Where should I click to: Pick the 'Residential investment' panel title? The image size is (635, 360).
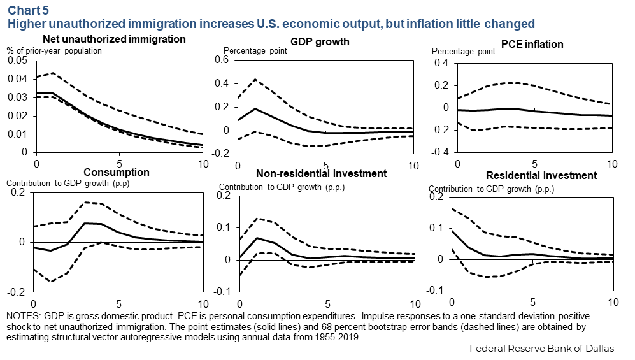click(541, 175)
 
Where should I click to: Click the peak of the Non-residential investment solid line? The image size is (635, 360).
click(257, 238)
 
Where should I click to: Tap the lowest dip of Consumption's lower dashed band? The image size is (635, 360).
click(50, 282)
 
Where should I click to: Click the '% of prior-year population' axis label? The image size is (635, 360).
click(54, 50)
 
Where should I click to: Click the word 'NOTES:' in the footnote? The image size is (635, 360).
click(24, 316)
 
